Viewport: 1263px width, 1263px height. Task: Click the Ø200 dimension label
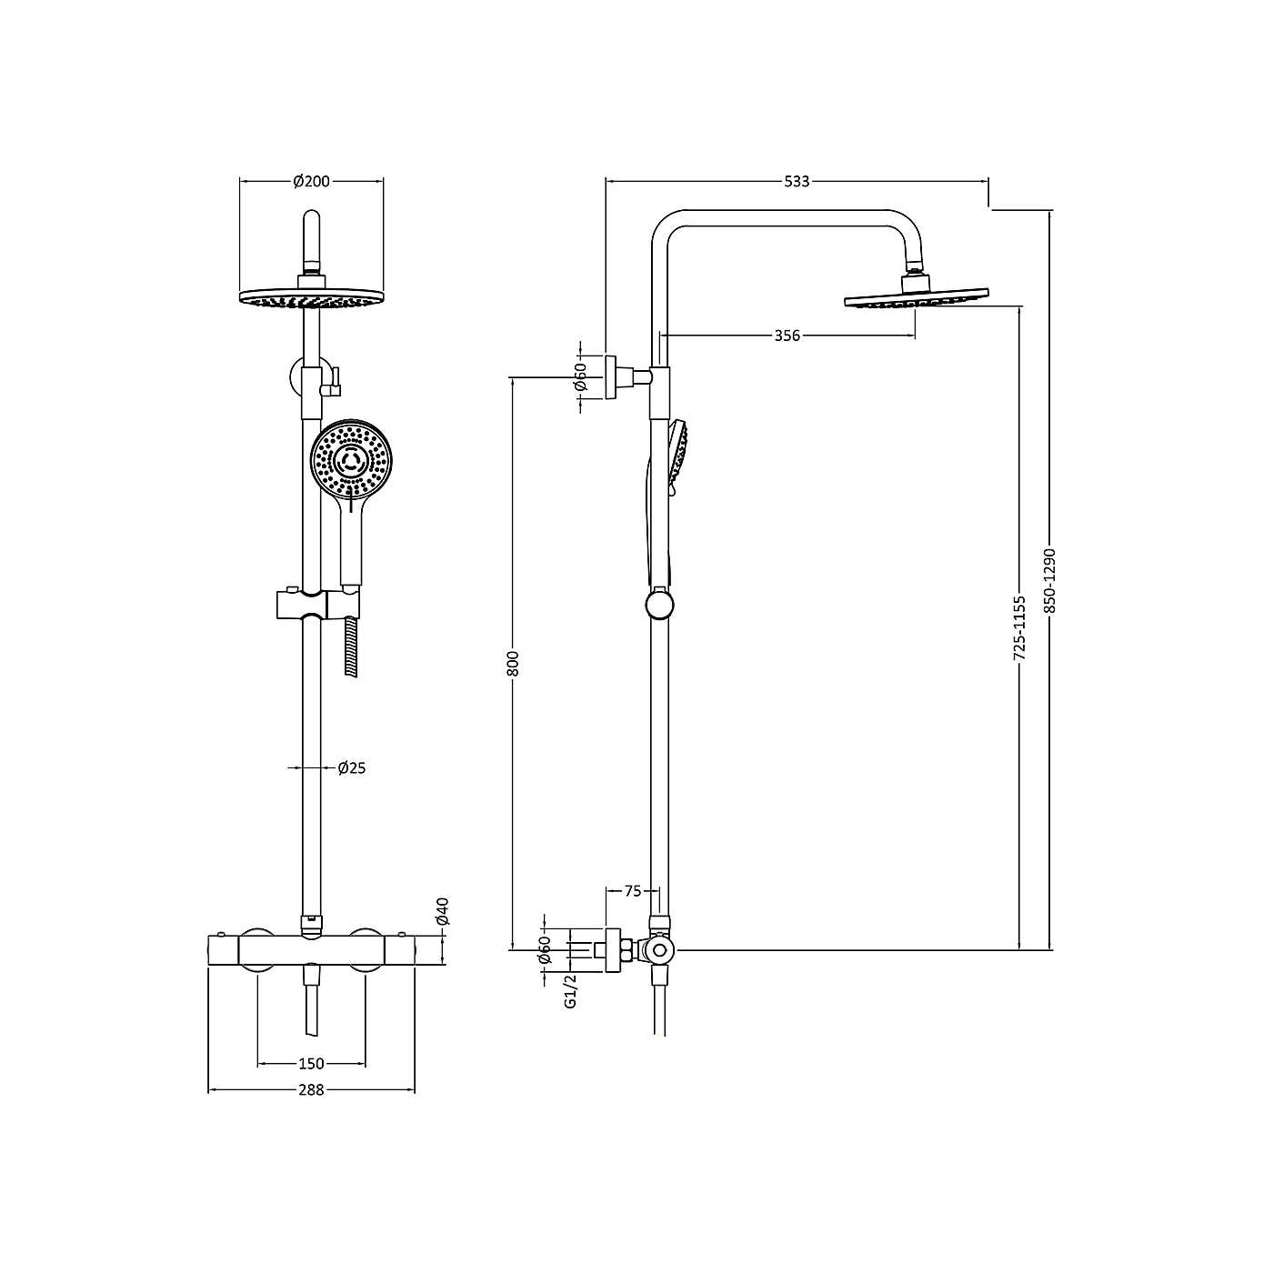pos(311,182)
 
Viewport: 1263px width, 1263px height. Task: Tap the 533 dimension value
pos(797,182)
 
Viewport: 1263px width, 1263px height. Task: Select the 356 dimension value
pos(787,336)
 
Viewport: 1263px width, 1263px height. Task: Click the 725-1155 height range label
pos(1019,627)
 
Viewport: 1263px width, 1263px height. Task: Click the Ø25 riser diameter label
pos(351,768)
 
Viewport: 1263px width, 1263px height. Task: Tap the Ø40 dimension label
pos(443,911)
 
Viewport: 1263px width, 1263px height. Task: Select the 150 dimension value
pos(311,1064)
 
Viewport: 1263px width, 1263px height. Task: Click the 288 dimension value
pos(311,1090)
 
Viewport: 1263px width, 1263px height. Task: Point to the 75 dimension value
pos(633,891)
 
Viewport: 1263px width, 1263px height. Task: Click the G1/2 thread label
pos(571,991)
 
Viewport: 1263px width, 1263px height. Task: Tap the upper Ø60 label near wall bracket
pos(581,376)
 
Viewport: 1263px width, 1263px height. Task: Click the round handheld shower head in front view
pos(350,460)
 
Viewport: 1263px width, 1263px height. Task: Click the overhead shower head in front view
pos(311,299)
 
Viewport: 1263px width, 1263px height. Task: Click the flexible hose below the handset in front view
pos(350,646)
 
